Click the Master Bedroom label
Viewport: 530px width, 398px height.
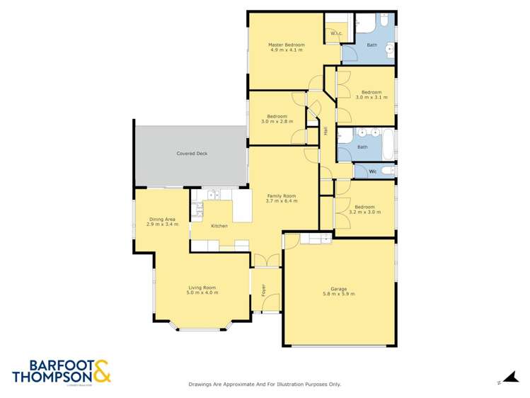tap(286, 45)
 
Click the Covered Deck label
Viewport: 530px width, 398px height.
tap(192, 153)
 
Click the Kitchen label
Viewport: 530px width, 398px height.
tap(219, 226)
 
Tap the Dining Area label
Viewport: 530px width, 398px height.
tap(162, 219)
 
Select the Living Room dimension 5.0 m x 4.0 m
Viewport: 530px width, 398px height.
tap(202, 292)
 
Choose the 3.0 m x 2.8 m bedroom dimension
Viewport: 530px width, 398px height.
tap(277, 121)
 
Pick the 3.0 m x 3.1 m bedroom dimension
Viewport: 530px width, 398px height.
tap(371, 98)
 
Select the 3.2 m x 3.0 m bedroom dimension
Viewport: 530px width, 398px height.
tap(364, 212)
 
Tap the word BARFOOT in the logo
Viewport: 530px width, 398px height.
tap(48, 365)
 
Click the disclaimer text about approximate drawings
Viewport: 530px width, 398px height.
tap(265, 384)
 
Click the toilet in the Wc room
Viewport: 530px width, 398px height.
tap(386, 171)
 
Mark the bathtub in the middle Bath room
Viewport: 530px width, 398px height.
tap(388, 145)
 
